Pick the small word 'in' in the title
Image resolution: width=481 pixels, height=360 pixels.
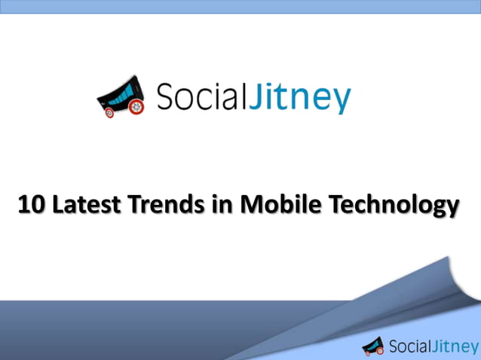tap(220, 204)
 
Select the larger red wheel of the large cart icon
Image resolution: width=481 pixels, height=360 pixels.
tap(136, 108)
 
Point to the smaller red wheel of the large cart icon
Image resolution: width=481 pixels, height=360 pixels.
tap(109, 113)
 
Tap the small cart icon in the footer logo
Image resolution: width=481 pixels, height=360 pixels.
tap(372, 346)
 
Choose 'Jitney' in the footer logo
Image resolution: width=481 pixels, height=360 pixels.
tap(455, 346)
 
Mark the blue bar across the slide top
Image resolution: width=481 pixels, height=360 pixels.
tap(240, 7)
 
